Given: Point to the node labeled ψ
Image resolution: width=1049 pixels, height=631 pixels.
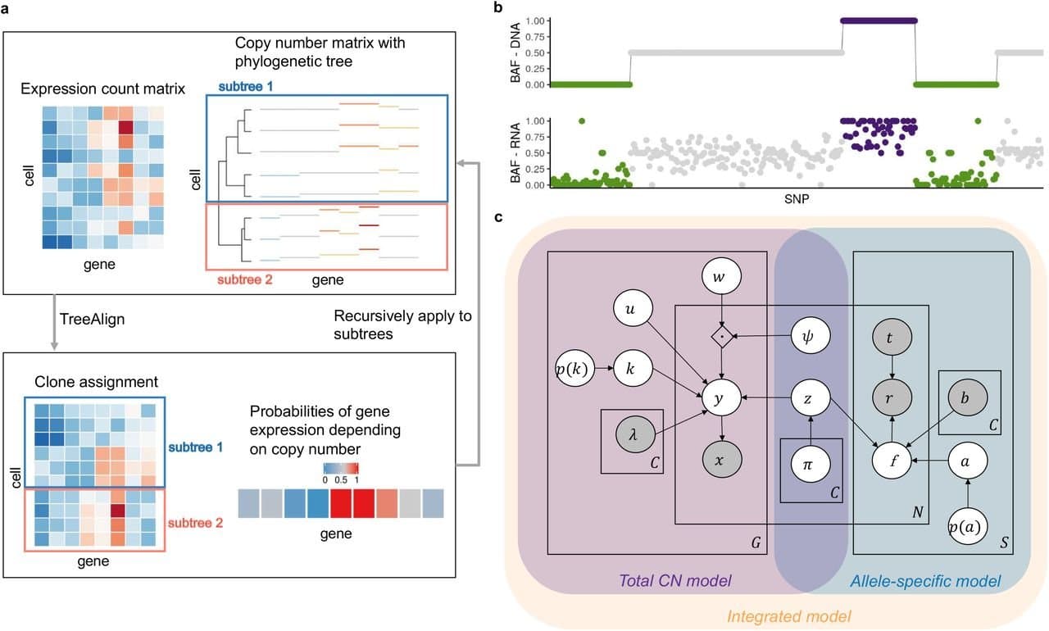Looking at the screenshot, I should click(x=811, y=336).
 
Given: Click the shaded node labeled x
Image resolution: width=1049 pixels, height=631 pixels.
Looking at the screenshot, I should click(x=720, y=461).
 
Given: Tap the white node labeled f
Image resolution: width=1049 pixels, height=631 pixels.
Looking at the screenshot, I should click(x=895, y=461).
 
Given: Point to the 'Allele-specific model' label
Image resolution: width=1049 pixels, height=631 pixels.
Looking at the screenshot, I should click(x=925, y=580).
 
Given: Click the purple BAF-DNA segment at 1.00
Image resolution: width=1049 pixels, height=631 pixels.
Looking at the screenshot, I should click(x=879, y=20).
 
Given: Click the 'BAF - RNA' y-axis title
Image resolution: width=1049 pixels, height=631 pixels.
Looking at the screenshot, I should click(x=515, y=152).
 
